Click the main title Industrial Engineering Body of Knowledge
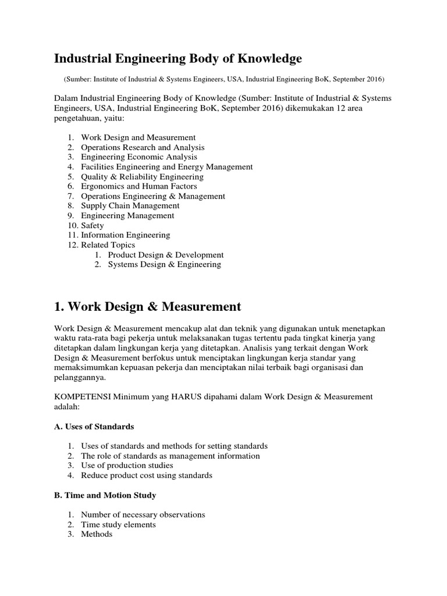(x=178, y=59)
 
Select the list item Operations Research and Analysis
(x=143, y=147)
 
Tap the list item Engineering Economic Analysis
(x=139, y=157)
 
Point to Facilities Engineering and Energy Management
(x=166, y=167)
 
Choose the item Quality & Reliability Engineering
(x=142, y=176)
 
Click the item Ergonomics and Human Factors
(x=139, y=186)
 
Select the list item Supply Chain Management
(x=130, y=205)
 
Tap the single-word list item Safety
(x=93, y=225)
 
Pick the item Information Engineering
(x=125, y=235)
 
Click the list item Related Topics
(x=108, y=245)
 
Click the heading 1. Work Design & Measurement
(x=147, y=306)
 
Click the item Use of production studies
(x=127, y=466)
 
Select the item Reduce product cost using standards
(x=147, y=476)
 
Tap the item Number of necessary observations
(x=143, y=515)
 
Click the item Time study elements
(x=118, y=524)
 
